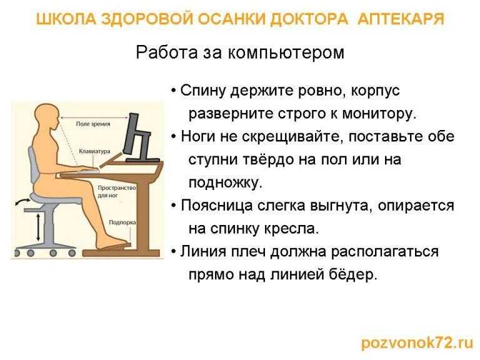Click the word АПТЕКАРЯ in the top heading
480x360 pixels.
[401, 19]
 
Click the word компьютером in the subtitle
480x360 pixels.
[286, 52]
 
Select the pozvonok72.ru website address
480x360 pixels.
[417, 343]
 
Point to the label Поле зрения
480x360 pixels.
[93, 124]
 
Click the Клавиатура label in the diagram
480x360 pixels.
[94, 151]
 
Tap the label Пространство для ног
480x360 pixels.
[117, 191]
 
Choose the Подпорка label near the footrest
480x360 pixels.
[122, 222]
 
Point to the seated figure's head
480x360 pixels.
[46, 117]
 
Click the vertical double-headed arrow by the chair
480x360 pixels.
[38, 227]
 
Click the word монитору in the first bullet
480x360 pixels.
[379, 114]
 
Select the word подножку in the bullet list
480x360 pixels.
[225, 182]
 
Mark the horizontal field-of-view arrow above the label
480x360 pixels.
[94, 117]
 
